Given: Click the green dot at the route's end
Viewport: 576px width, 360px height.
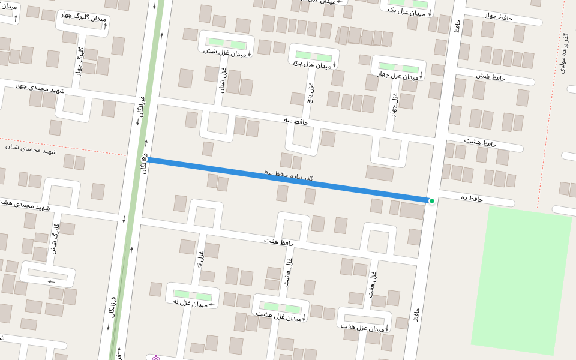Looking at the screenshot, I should point(431,200).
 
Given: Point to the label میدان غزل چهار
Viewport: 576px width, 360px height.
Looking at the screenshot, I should point(398,75).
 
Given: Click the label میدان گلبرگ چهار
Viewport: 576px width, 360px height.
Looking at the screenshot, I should point(83,17).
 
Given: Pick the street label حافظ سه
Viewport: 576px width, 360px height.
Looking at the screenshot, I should point(296,121).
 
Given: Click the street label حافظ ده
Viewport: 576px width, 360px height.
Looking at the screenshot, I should point(472,198).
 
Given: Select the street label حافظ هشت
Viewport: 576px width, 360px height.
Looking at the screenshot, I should point(481,142).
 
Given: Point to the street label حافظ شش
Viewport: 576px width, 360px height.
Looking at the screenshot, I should point(491,77).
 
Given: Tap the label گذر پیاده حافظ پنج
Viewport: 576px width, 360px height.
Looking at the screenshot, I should point(289,175).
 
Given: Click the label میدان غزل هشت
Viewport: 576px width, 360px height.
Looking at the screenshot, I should point(277,314).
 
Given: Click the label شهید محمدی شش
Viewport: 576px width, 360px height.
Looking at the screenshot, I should point(31,148).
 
